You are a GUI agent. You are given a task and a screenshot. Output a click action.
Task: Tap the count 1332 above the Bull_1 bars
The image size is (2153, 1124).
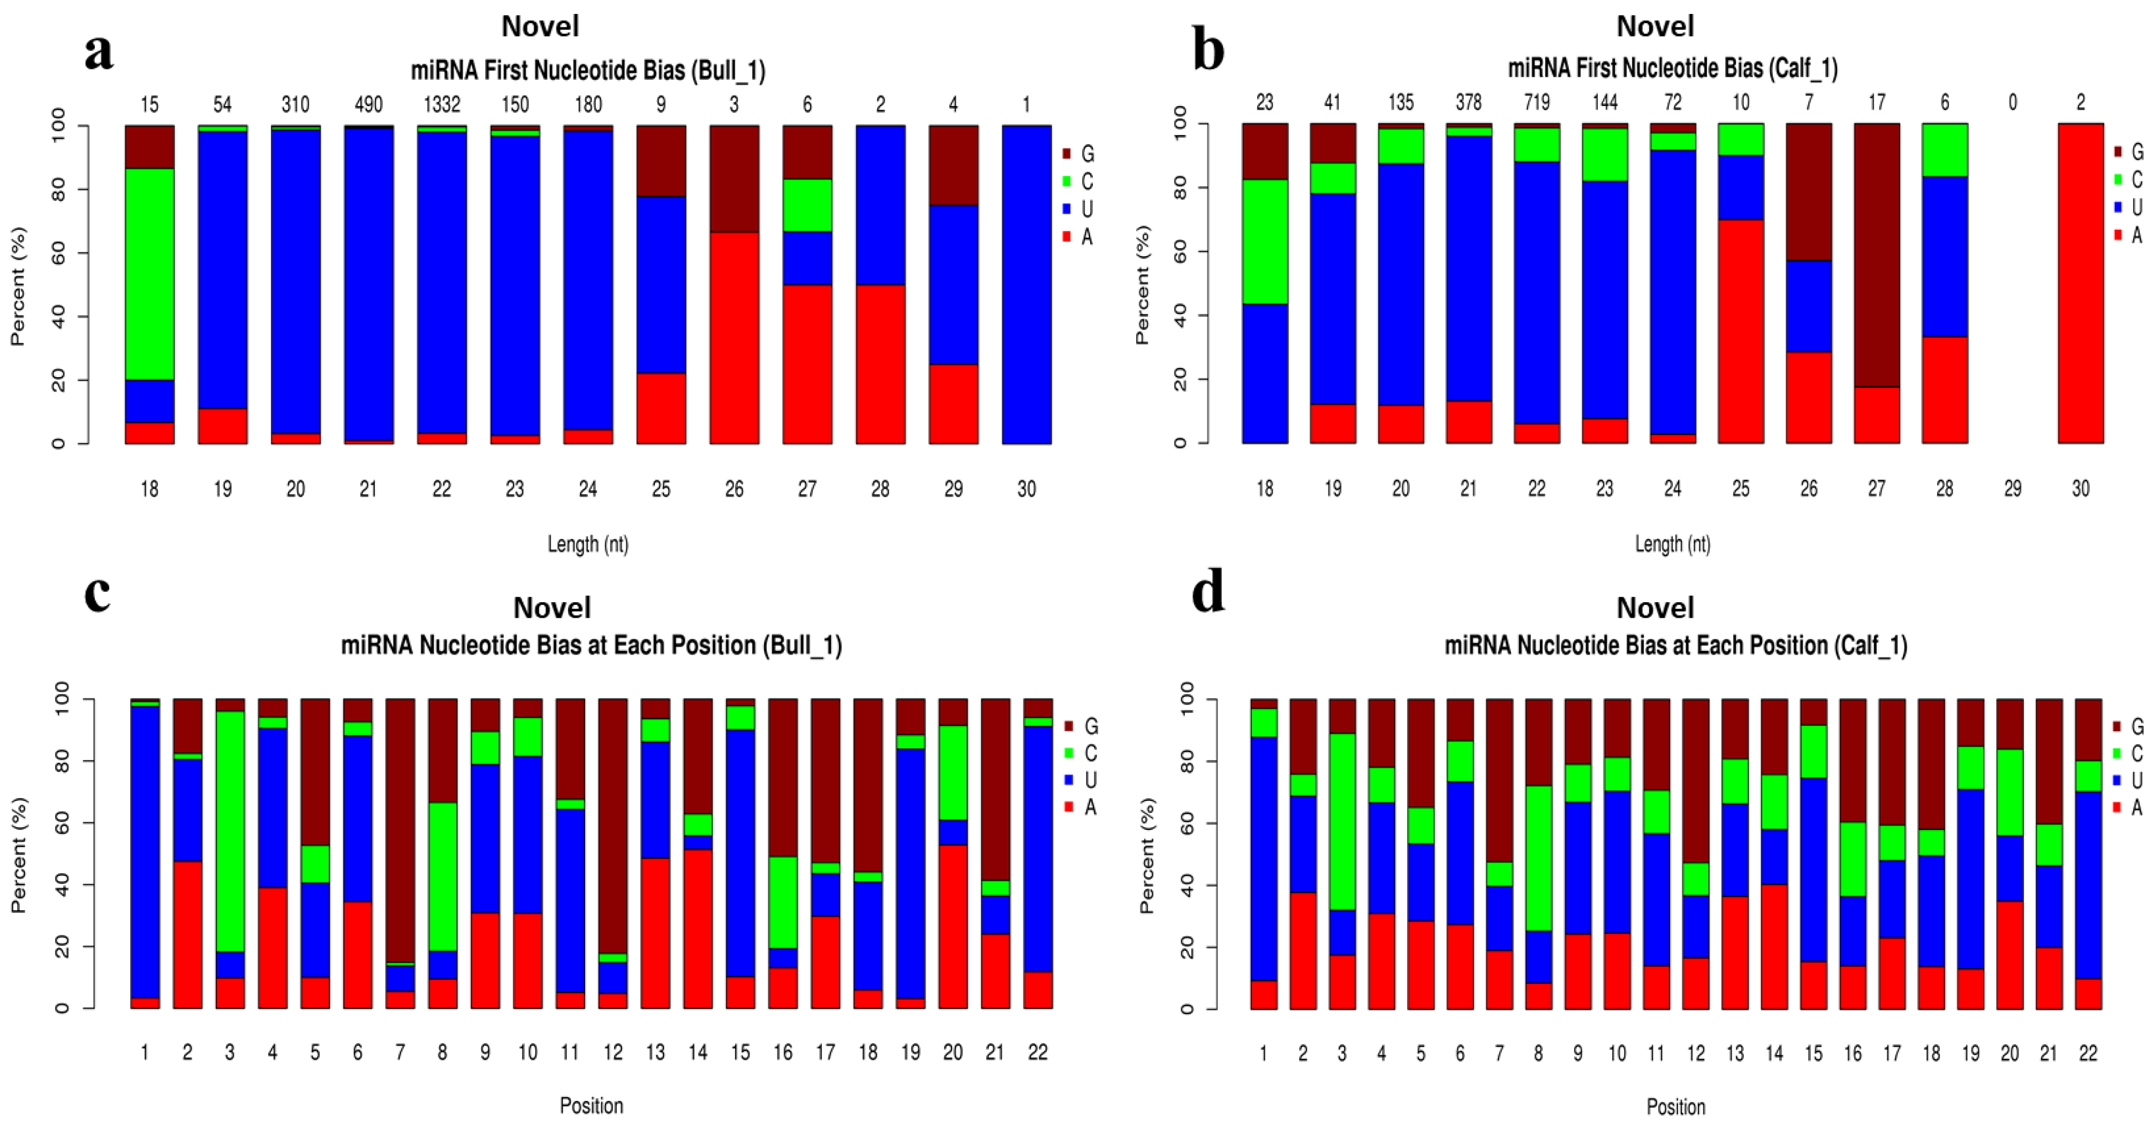point(441,104)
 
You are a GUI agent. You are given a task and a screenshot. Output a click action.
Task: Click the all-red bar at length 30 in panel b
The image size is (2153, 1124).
point(2080,283)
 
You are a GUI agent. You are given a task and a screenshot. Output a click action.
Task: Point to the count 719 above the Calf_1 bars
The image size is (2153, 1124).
point(1536,102)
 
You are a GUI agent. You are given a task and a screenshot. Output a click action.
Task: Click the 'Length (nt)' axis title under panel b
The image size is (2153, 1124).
point(1672,544)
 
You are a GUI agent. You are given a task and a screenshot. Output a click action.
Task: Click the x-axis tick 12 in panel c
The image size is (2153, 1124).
point(613,1053)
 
